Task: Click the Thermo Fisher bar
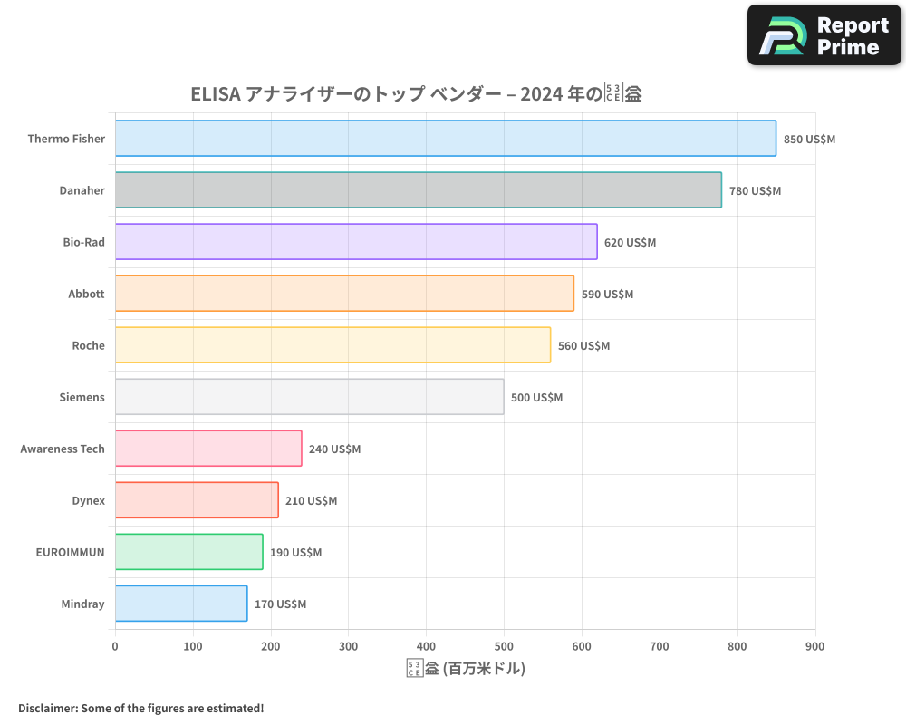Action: (x=445, y=139)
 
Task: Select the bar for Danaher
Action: (x=418, y=190)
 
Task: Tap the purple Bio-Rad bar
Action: (x=356, y=242)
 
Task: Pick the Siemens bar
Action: (x=309, y=397)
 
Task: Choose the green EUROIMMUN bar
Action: (x=188, y=552)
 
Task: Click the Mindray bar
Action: (x=180, y=604)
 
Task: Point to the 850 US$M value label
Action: (x=809, y=140)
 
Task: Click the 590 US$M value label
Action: (x=607, y=295)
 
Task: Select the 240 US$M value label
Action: (x=334, y=449)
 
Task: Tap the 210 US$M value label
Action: (x=311, y=501)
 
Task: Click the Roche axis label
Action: (x=88, y=345)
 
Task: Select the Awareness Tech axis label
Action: (x=63, y=449)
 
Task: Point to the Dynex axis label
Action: (x=88, y=500)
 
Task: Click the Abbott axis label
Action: (x=86, y=294)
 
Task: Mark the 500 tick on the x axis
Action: (x=504, y=646)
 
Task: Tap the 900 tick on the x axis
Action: (x=814, y=646)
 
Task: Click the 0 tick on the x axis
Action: (x=115, y=646)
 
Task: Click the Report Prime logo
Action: (x=824, y=35)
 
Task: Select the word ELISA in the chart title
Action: (x=216, y=94)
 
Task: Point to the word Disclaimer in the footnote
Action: (x=47, y=708)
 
